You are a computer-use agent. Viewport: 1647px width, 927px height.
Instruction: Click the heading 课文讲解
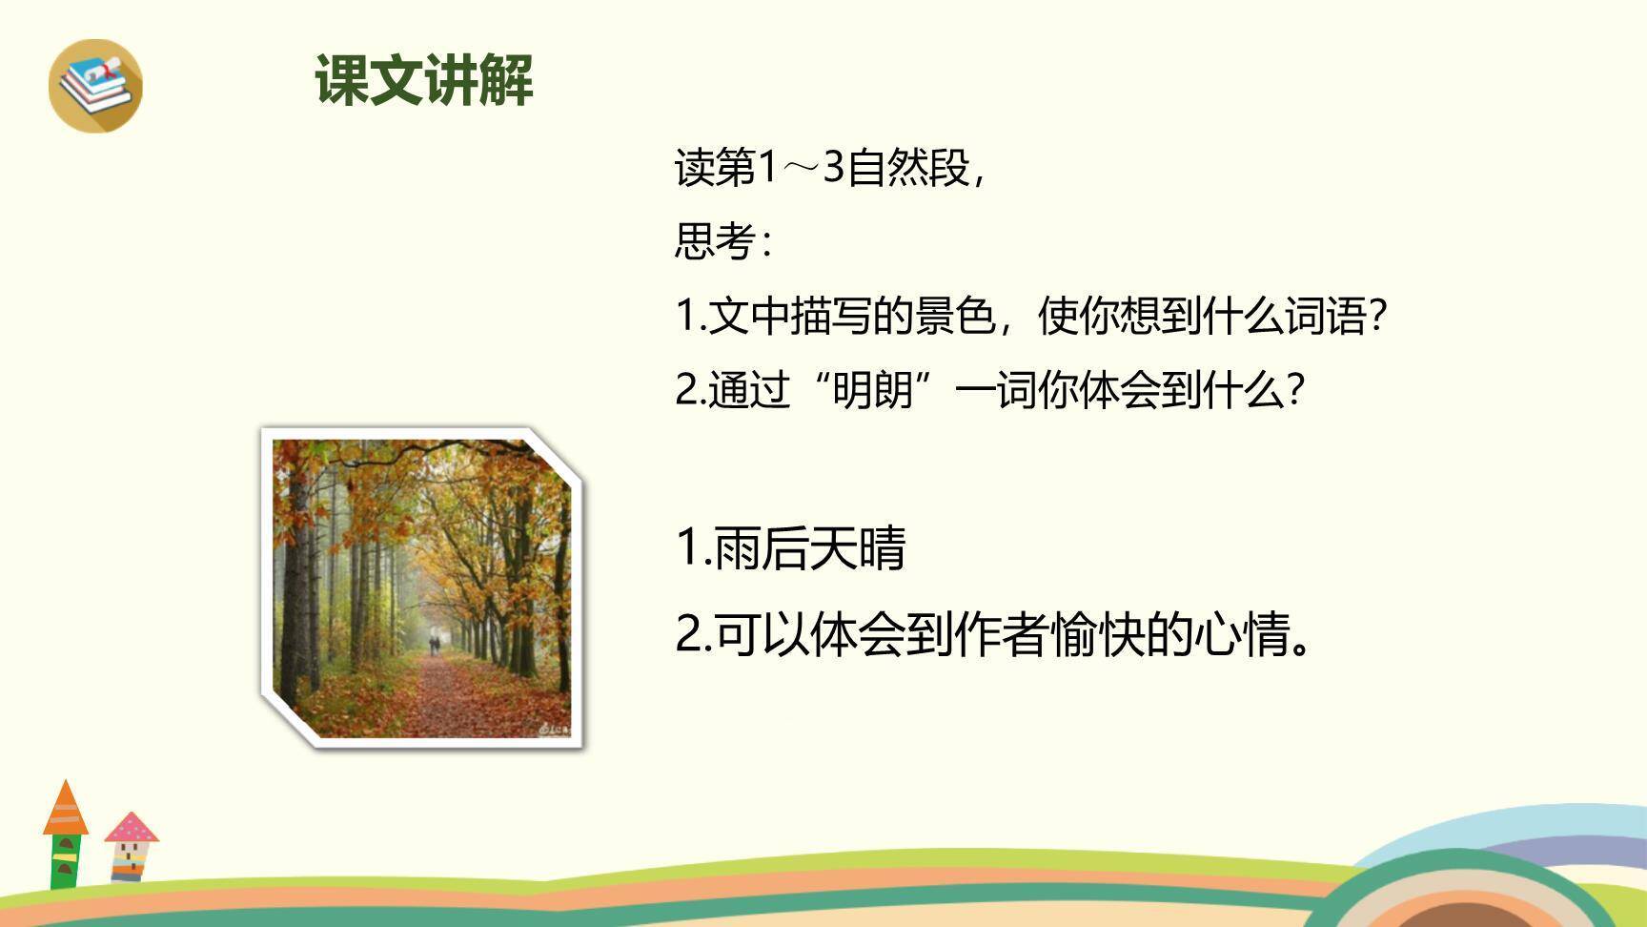424,80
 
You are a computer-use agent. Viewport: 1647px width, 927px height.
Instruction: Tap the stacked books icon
95,85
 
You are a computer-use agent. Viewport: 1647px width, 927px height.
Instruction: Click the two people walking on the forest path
435,645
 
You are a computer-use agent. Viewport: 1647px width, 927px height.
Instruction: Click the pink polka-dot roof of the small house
132,827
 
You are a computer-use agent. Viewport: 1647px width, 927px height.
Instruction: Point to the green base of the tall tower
64,862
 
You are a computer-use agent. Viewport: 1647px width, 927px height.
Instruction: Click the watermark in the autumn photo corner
553,730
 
